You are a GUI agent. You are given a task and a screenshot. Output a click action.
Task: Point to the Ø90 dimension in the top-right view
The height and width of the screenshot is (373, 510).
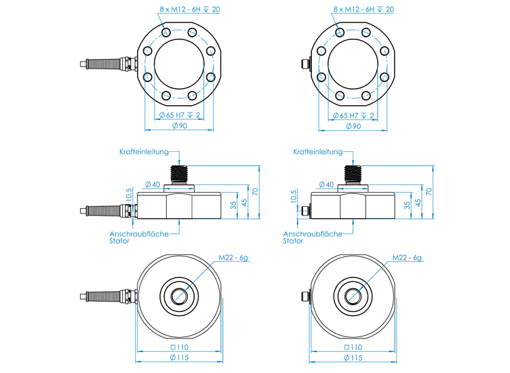[x=353, y=126]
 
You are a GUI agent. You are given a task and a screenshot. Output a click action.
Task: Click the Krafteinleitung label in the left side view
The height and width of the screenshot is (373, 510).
[x=143, y=153]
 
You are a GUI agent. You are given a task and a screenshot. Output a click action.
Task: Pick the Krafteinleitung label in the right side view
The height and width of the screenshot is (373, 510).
[x=317, y=153]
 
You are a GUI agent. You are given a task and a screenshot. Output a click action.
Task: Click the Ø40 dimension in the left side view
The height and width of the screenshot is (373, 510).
[x=153, y=184]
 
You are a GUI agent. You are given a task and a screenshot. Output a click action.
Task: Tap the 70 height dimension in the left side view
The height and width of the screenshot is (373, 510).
[x=256, y=191]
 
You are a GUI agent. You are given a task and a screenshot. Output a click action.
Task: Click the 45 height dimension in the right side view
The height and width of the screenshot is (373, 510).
[x=418, y=201]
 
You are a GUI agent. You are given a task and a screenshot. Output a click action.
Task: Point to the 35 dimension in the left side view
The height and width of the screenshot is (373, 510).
[x=234, y=205]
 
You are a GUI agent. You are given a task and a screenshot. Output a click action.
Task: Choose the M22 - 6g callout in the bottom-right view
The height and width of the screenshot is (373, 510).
[x=408, y=258]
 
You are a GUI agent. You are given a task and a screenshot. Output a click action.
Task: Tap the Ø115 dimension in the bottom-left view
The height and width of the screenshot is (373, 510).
[x=179, y=357]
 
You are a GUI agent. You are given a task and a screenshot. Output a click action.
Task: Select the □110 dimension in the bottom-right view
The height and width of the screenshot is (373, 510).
[x=353, y=347]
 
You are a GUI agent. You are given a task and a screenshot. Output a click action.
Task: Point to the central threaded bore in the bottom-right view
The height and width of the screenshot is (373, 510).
[x=353, y=296]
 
